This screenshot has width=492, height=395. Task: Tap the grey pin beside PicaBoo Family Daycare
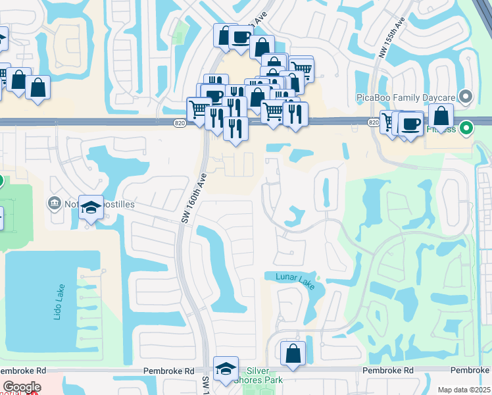[466, 97]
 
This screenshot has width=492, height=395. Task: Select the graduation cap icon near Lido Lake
[91, 207]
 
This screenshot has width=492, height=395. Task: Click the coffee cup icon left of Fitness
[412, 124]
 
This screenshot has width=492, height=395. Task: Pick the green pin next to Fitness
[466, 128]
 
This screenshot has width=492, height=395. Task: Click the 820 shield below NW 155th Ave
[374, 122]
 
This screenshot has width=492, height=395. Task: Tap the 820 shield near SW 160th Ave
[180, 122]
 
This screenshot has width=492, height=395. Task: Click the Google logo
[22, 386]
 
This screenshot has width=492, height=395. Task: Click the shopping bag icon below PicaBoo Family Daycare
[441, 116]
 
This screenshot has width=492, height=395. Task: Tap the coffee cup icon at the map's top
[241, 38]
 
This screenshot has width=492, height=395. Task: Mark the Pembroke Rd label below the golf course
[387, 371]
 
